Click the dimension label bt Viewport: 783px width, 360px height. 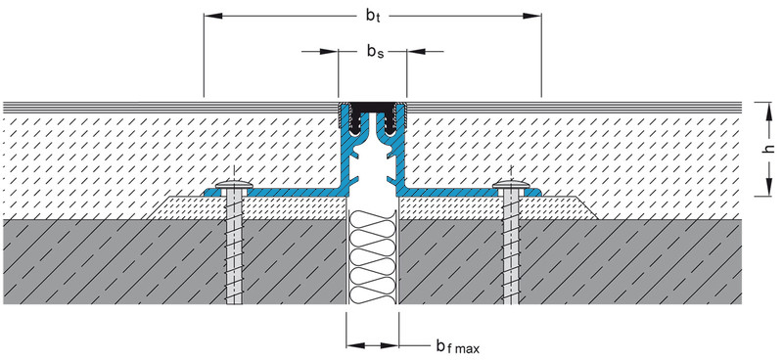tap(373, 16)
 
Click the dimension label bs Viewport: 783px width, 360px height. tap(375, 51)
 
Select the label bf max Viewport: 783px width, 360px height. tap(457, 346)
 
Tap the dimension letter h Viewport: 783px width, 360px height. tap(769, 149)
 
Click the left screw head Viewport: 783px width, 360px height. tap(234, 186)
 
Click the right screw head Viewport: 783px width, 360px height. tap(511, 186)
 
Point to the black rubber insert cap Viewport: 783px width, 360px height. tap(373, 107)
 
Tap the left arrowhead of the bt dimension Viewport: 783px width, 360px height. tap(213, 16)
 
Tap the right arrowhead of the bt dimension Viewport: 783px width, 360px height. tap(531, 16)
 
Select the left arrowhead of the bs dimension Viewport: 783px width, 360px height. tap(329, 51)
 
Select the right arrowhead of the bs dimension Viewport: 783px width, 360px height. tap(416, 51)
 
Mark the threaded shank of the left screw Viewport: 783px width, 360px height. tap(234, 247)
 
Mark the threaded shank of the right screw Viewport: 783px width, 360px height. tap(511, 247)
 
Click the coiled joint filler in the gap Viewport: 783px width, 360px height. tap(373, 257)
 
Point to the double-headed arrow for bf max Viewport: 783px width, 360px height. tap(373, 345)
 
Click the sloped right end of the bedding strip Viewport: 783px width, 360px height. tap(588, 207)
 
